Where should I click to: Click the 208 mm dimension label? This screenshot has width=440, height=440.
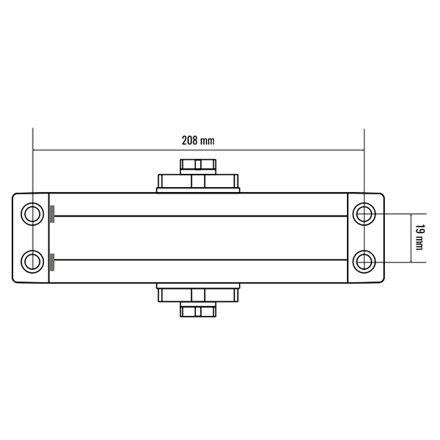click(x=198, y=141)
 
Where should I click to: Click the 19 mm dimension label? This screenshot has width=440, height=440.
click(x=419, y=237)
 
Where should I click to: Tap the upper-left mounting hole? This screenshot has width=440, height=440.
click(x=32, y=214)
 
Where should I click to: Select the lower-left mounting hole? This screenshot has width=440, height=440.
click(x=32, y=262)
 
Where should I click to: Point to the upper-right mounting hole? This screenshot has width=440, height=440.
click(x=364, y=214)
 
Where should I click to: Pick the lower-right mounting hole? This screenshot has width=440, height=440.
click(x=364, y=262)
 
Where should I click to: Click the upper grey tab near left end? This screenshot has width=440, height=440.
click(x=52, y=214)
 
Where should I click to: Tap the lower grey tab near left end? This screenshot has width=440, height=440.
click(x=52, y=262)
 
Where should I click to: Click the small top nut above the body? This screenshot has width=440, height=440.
click(x=198, y=166)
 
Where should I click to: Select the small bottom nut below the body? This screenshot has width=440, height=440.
click(x=198, y=309)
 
